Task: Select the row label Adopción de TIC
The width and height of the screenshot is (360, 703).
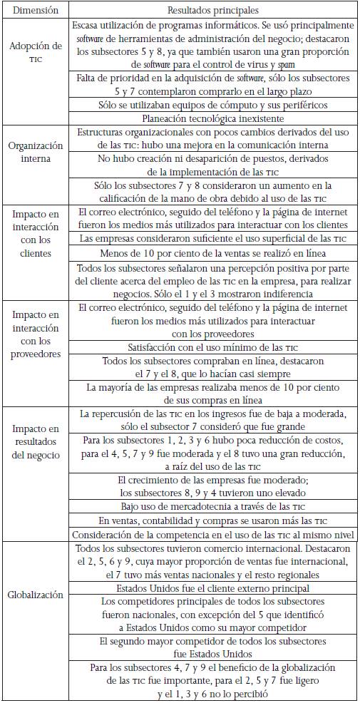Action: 35,51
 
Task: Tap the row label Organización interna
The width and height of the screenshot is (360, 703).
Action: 35,151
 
